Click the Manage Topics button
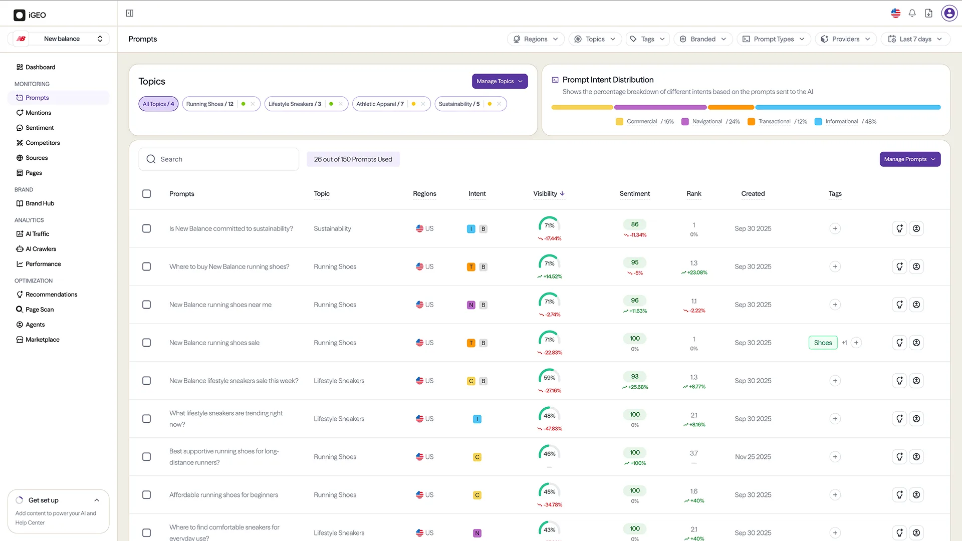tap(500, 81)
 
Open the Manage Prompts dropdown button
tap(910, 159)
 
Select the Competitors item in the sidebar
tap(43, 143)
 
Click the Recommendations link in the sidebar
tap(51, 295)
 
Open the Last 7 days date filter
tap(915, 39)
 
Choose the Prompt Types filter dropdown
tap(774, 39)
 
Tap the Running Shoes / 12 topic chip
tap(221, 104)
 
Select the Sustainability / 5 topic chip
tap(470, 104)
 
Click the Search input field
tap(219, 159)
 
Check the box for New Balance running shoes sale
tap(146, 343)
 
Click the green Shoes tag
tap(823, 343)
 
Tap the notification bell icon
tap(912, 14)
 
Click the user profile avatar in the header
tap(949, 14)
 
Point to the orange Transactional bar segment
tap(731, 107)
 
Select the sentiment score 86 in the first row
tap(635, 224)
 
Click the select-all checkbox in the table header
tap(146, 194)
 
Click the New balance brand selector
tap(61, 39)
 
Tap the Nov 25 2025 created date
tap(753, 457)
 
